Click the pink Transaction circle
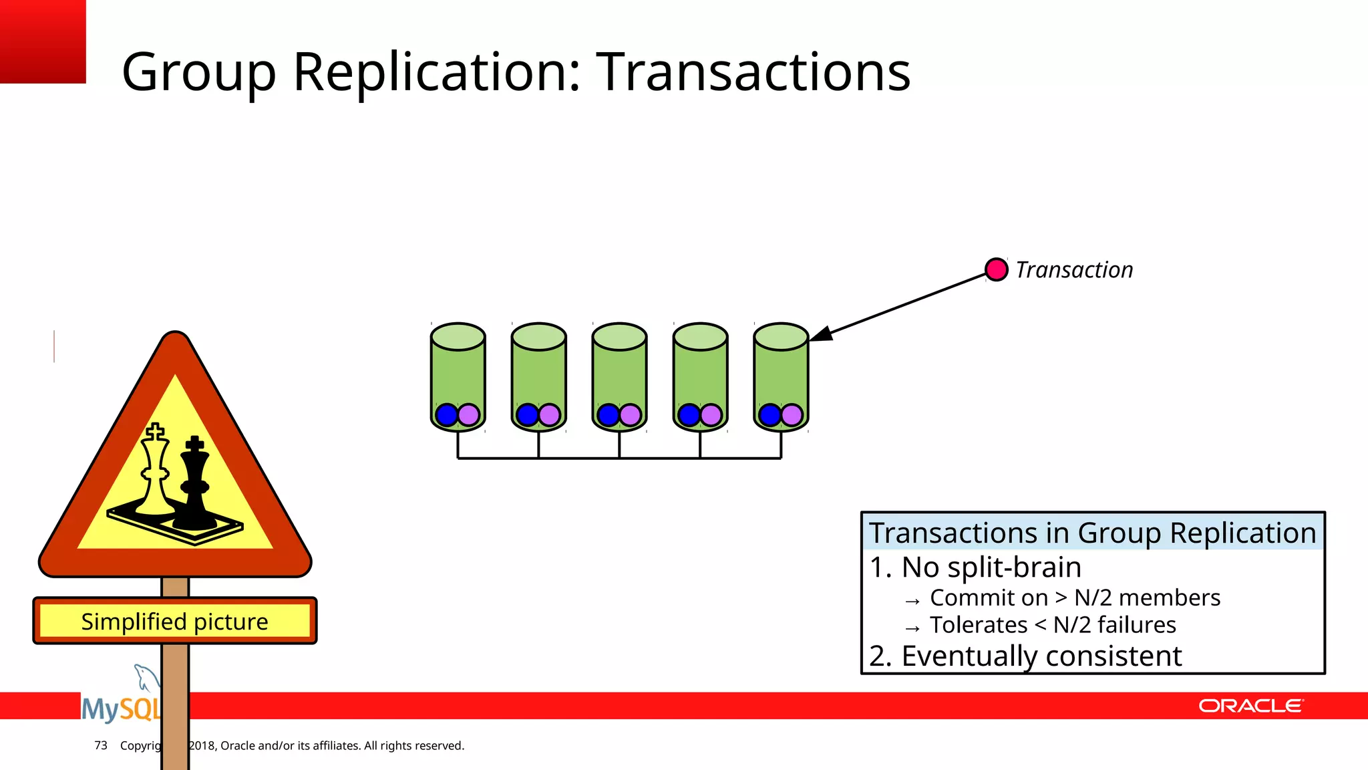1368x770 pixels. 996,269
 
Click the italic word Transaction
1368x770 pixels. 1074,270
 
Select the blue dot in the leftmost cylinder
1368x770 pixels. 446,415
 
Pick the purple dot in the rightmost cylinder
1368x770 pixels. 792,415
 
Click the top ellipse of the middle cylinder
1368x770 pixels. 619,336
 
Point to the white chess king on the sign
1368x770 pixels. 156,471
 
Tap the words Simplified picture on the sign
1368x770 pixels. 174,622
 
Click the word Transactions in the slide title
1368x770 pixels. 753,72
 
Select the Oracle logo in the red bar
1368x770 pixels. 1250,706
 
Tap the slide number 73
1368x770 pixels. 101,745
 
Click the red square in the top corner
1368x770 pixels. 42,41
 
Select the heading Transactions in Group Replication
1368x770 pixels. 1092,533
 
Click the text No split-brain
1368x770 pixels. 990,567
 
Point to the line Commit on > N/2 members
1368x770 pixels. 1074,598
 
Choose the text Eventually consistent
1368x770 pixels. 1041,656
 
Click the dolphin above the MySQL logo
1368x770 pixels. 145,677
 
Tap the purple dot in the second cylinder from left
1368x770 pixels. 549,415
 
